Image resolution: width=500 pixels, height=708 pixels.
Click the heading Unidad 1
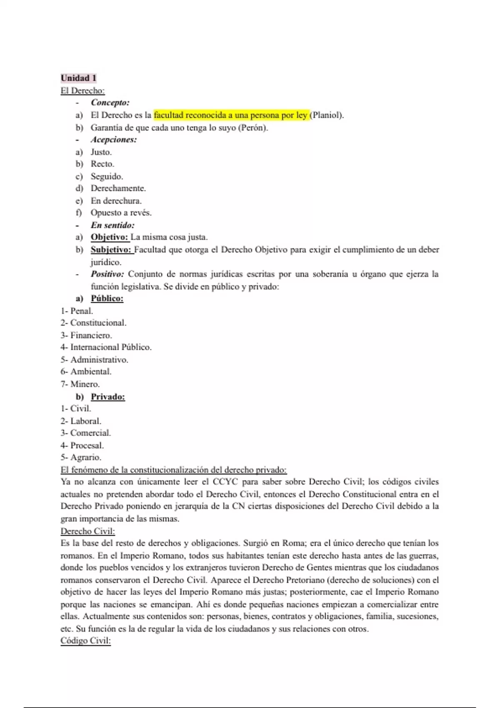click(78, 78)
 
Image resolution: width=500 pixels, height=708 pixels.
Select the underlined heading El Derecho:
click(82, 90)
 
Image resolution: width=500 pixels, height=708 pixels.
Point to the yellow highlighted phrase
click(230, 115)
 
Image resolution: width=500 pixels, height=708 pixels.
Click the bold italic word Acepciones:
click(114, 140)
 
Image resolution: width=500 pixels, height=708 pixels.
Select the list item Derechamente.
click(118, 188)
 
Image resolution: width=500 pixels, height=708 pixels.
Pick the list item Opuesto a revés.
click(121, 213)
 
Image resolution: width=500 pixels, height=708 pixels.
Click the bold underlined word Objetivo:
click(110, 237)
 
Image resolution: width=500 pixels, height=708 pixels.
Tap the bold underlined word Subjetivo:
click(111, 250)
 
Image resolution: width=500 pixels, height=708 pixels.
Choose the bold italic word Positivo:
click(107, 274)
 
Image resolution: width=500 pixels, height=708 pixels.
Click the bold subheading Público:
click(107, 299)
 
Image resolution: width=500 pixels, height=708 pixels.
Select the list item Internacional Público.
click(110, 347)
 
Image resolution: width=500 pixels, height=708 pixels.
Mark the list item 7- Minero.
click(80, 384)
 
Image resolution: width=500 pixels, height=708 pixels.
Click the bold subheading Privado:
click(108, 396)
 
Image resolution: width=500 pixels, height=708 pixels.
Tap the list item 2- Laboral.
click(81, 421)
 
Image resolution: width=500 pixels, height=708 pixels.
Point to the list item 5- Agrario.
click(81, 457)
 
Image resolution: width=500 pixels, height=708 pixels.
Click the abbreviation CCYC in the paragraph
click(226, 482)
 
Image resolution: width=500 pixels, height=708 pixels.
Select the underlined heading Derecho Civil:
click(87, 531)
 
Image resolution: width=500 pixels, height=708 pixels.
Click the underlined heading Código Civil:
click(85, 641)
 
